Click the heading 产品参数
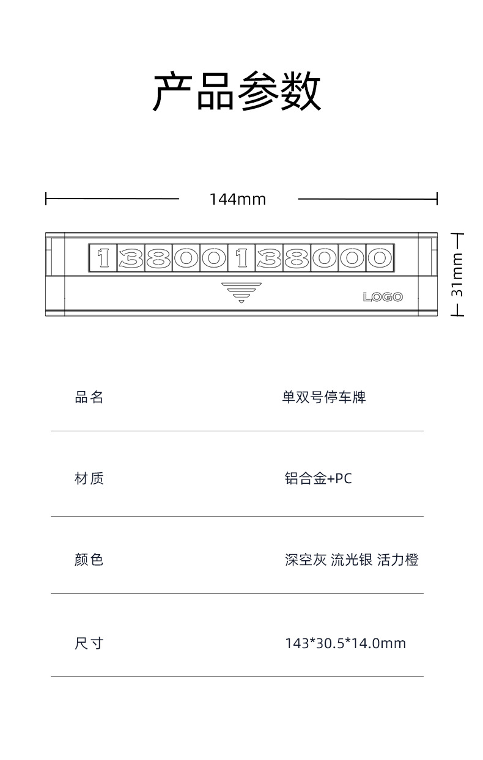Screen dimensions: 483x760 [x=237, y=92]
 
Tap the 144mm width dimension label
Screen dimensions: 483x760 [x=238, y=199]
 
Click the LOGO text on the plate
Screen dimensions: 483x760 [x=383, y=297]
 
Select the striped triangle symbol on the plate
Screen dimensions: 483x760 [x=242, y=292]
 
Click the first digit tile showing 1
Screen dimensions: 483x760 [x=103, y=258]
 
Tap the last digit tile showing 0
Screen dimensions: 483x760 [x=379, y=258]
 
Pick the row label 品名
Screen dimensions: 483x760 [x=89, y=398]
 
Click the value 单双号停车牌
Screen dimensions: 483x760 [x=323, y=398]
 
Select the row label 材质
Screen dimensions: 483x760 [x=89, y=478]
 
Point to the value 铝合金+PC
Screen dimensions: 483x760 [x=319, y=478]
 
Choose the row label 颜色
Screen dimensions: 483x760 [x=89, y=560]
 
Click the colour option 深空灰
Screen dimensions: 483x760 [x=306, y=560]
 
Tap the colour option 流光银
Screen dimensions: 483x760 [x=352, y=560]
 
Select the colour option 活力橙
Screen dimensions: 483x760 [x=398, y=560]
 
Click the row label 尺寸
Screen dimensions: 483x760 [x=89, y=643]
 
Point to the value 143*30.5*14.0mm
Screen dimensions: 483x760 [x=345, y=643]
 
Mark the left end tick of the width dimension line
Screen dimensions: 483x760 [x=46, y=199]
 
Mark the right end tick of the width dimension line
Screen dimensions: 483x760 [x=437, y=199]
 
